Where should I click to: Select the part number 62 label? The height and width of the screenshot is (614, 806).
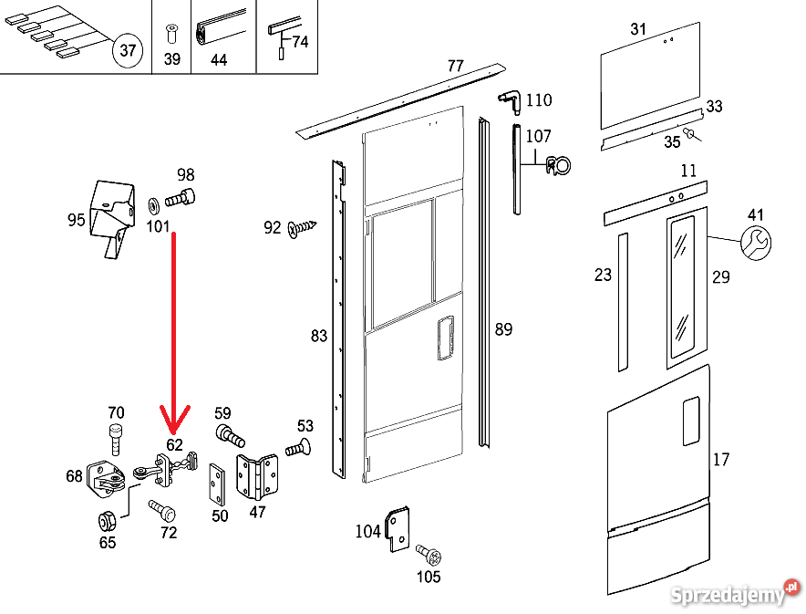pos(174,445)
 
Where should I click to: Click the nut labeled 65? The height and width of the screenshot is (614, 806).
pos(107,522)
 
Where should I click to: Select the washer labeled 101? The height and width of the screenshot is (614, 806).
pos(153,201)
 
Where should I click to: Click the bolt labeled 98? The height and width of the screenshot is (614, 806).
pos(183,195)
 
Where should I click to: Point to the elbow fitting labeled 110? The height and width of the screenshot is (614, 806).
pos(508,99)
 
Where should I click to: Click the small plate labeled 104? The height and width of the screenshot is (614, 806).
pos(398,529)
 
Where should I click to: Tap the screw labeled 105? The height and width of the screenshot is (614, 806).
pos(428,553)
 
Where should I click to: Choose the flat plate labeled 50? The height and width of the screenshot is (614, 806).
pos(219,483)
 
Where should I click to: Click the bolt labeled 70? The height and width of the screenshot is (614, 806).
pos(115,438)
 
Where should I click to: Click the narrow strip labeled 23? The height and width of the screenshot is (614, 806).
pos(622,301)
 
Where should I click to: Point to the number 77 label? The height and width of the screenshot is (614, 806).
pos(456,67)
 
